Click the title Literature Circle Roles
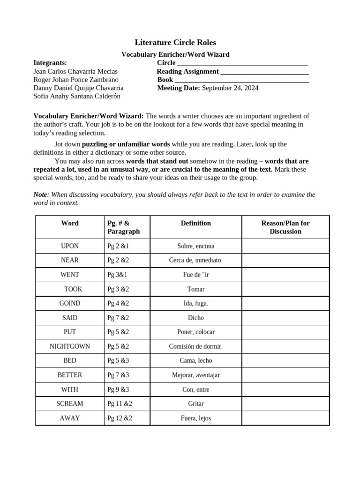175,43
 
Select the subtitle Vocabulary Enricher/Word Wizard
175,54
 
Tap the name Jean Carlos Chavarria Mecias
75,71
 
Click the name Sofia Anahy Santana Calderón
77,96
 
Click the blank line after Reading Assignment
264,72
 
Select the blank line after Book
242,80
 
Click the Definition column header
195,223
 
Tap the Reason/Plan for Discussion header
285,227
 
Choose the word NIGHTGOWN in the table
70,346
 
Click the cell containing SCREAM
70,404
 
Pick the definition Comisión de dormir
195,346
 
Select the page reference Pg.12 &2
120,418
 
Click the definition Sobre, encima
195,246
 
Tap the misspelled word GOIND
70,303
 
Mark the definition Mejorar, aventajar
195,375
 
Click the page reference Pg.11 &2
120,404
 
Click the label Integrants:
50,63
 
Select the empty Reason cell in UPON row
285,246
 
